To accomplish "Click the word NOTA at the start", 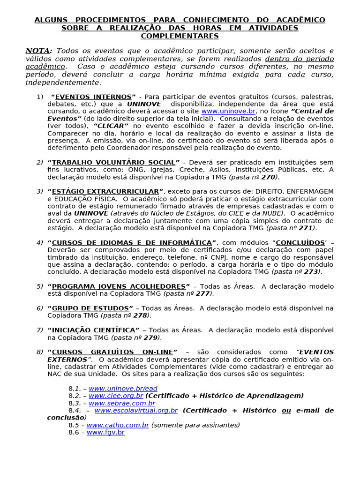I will [37, 51].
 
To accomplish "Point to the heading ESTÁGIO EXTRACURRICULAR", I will [105, 191].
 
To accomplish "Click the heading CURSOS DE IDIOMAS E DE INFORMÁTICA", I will [132, 242].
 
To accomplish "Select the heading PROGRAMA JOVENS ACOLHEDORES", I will [119, 286].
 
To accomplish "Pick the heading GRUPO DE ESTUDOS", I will [90, 308].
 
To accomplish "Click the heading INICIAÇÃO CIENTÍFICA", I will [93, 330].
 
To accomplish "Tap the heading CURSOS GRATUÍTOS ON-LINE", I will [112, 352].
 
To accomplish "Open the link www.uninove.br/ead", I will [123, 388].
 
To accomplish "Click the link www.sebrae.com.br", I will [122, 403].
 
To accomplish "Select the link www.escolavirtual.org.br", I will [136, 410].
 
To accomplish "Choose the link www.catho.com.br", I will [118, 425].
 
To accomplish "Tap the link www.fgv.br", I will [105, 432].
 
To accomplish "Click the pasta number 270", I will [268, 177].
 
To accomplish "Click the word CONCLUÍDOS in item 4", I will [300, 242].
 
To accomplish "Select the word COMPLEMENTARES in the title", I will [180, 36].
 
